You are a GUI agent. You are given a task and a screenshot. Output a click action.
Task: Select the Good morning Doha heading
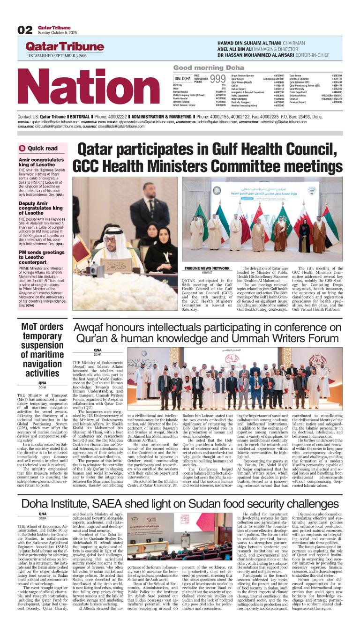(209, 67)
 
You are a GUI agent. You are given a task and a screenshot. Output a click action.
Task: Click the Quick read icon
(22, 148)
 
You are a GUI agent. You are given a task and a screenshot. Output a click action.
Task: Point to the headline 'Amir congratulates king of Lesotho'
(41, 162)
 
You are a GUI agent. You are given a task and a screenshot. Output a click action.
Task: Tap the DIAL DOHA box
(182, 78)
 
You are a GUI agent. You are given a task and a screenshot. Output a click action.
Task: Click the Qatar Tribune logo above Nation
(65, 47)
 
